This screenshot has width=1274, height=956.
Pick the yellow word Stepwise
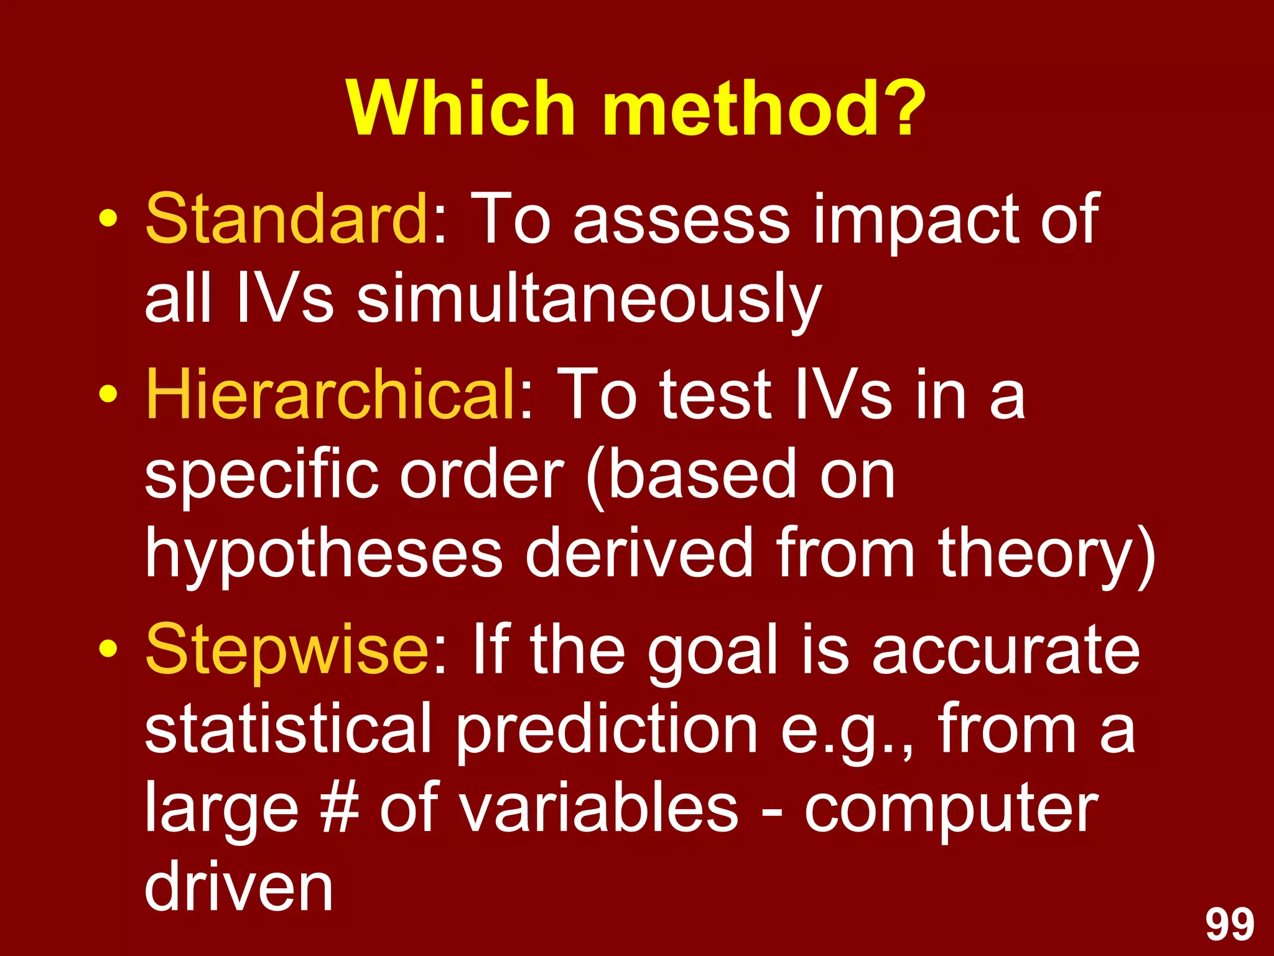286,650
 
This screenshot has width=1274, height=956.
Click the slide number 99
1230,926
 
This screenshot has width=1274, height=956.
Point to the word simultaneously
588,302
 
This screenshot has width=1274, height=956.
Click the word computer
951,809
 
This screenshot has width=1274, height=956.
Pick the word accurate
1006,651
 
